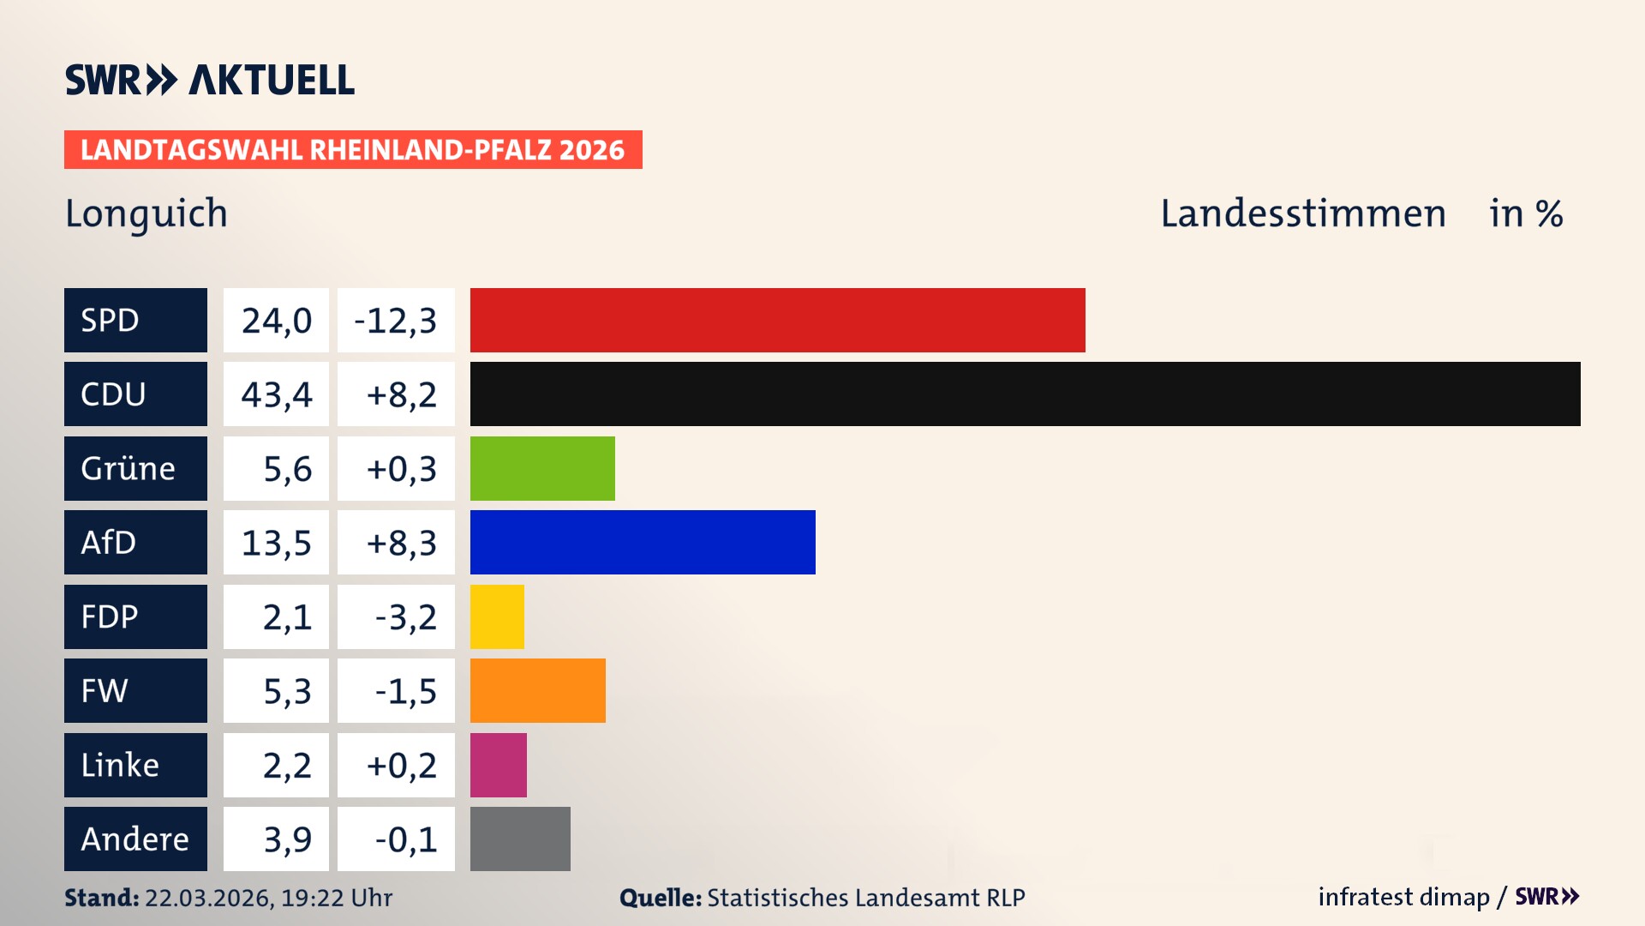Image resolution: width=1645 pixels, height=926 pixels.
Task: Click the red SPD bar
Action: [777, 320]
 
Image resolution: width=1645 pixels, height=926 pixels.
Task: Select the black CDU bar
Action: [1025, 394]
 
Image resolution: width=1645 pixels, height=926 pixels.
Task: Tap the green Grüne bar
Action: [542, 468]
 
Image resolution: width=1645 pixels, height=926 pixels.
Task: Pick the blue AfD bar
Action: [643, 542]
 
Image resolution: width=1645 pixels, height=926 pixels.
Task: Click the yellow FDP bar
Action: [497, 616]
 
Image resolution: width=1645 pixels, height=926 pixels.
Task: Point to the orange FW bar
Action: [537, 690]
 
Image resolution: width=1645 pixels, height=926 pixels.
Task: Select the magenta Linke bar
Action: [498, 765]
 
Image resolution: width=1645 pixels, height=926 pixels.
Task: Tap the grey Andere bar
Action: [520, 839]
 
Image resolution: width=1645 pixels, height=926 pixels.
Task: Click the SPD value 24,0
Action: [276, 321]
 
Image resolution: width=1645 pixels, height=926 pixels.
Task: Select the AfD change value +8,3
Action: [401, 543]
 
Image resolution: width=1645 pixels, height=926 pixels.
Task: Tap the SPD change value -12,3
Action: [396, 321]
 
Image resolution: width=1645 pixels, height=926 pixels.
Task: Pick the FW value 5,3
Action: [286, 691]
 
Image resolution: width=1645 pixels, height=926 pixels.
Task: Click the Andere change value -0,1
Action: [405, 839]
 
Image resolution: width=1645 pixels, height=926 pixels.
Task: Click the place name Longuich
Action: [147, 213]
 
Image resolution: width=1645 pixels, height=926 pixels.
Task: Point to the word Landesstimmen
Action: [1302, 213]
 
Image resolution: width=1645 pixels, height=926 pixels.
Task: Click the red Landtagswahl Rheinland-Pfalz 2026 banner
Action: [352, 150]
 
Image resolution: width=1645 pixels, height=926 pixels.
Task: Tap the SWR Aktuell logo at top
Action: [209, 80]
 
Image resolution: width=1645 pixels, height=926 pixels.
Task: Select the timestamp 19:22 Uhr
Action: [336, 898]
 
